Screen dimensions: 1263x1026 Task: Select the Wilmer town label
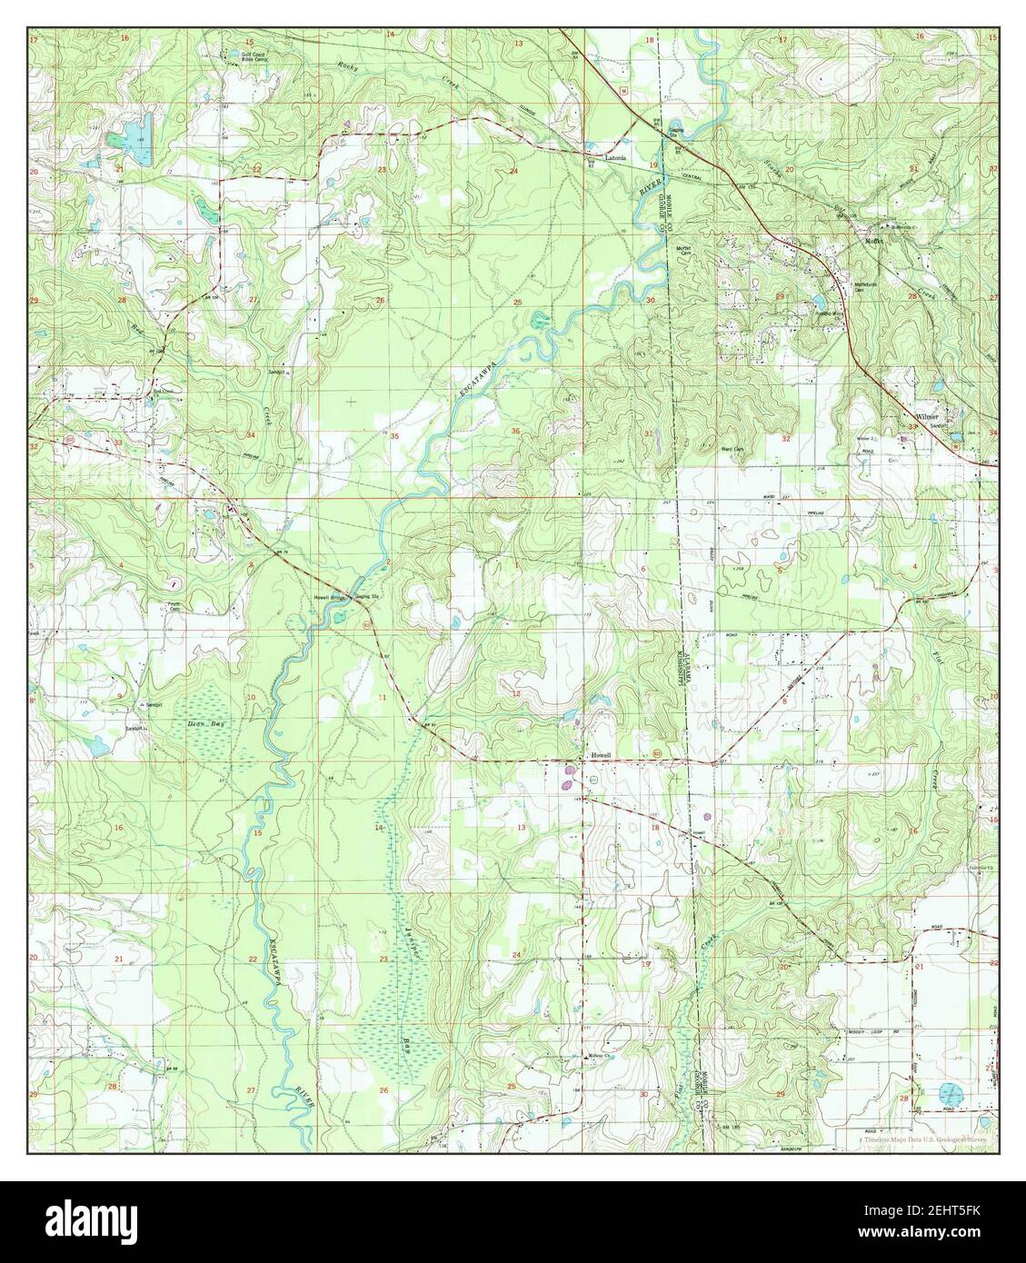pos(927,417)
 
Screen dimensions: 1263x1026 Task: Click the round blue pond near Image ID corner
pos(951,1090)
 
